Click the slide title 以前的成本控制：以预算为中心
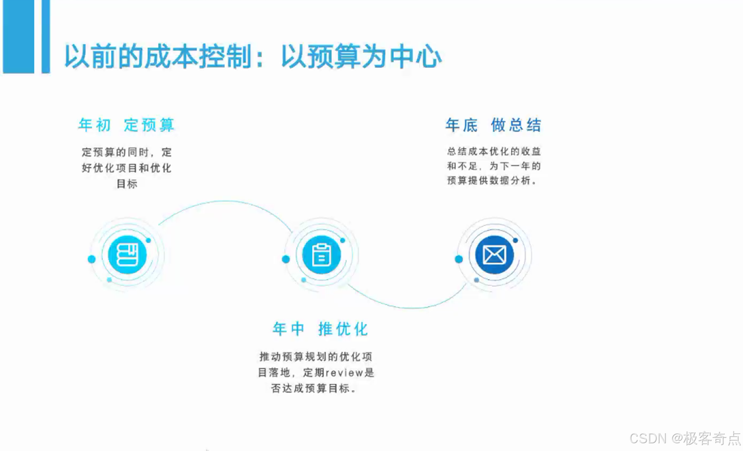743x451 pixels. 252,57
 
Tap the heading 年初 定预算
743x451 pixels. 126,125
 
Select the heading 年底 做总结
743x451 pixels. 493,125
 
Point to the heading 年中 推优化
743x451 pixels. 320,329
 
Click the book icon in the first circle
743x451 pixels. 127,254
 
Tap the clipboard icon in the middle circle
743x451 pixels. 321,254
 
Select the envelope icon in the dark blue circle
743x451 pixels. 494,254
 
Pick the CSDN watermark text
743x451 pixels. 648,438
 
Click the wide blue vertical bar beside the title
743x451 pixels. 18,36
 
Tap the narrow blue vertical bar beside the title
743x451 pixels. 46,36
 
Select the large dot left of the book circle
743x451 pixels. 92,259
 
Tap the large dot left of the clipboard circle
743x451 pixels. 286,259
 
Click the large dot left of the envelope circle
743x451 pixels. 459,259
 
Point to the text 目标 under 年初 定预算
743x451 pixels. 127,184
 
